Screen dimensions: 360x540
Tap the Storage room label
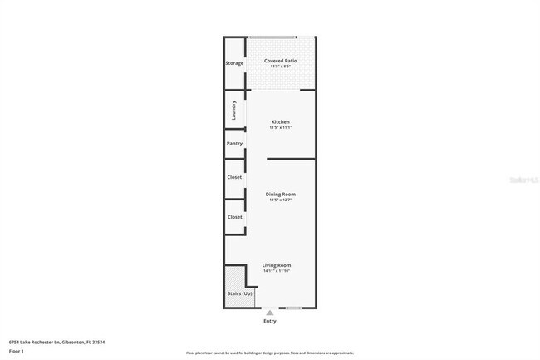pos(234,63)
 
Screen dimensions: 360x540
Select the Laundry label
pos(234,110)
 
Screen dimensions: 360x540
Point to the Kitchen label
pos(281,122)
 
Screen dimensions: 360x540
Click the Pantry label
pos(234,144)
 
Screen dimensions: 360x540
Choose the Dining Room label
pos(281,195)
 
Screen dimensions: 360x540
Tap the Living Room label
pos(277,265)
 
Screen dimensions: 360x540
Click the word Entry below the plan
pos(270,321)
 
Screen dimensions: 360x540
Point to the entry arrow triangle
pos(270,313)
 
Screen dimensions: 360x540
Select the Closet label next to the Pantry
pos(234,177)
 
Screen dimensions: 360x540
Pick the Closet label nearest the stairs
pos(234,217)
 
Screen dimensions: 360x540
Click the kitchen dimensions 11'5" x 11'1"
pos(281,128)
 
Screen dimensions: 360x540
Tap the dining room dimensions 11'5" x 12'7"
pos(281,200)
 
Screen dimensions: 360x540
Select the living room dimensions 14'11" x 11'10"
pos(277,271)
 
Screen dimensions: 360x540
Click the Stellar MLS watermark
pos(523,179)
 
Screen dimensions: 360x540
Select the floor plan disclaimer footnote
pos(270,353)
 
